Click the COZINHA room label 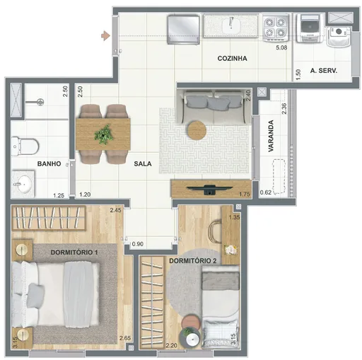tap(232, 59)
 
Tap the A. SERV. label tap(325, 71)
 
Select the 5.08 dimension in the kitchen tap(281, 48)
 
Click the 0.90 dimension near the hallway tap(139, 245)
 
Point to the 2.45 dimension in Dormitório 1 tap(116, 210)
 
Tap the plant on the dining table tap(104, 133)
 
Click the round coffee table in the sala tap(196, 130)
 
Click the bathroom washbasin tap(23, 186)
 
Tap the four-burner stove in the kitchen tap(276, 28)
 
